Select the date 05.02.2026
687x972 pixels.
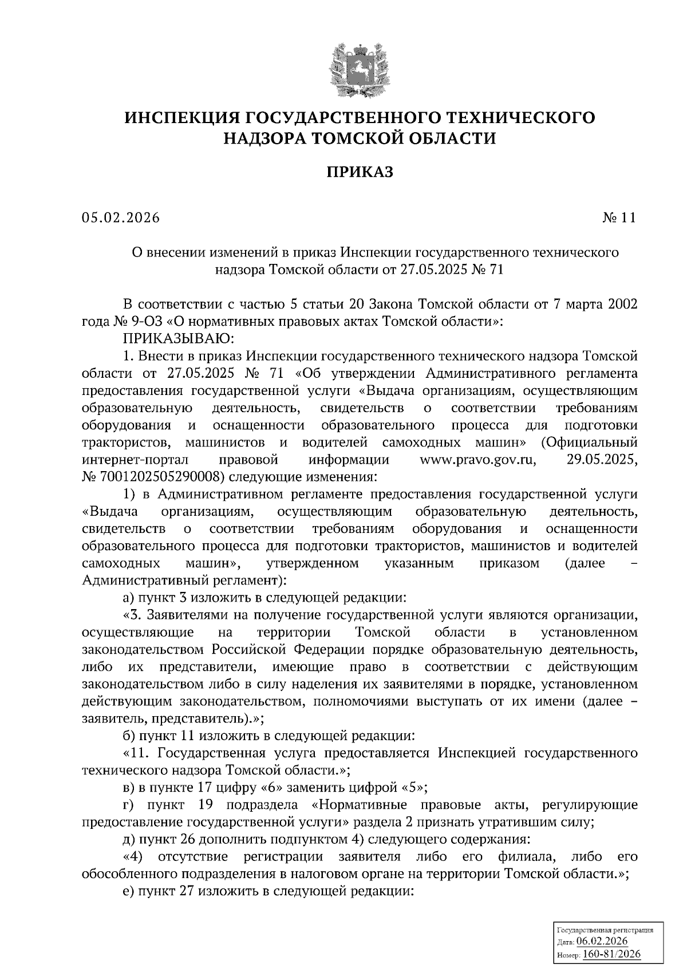[121, 218]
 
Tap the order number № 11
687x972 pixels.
[619, 218]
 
